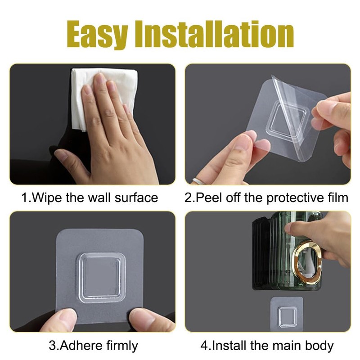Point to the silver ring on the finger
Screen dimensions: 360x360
[198, 180]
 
